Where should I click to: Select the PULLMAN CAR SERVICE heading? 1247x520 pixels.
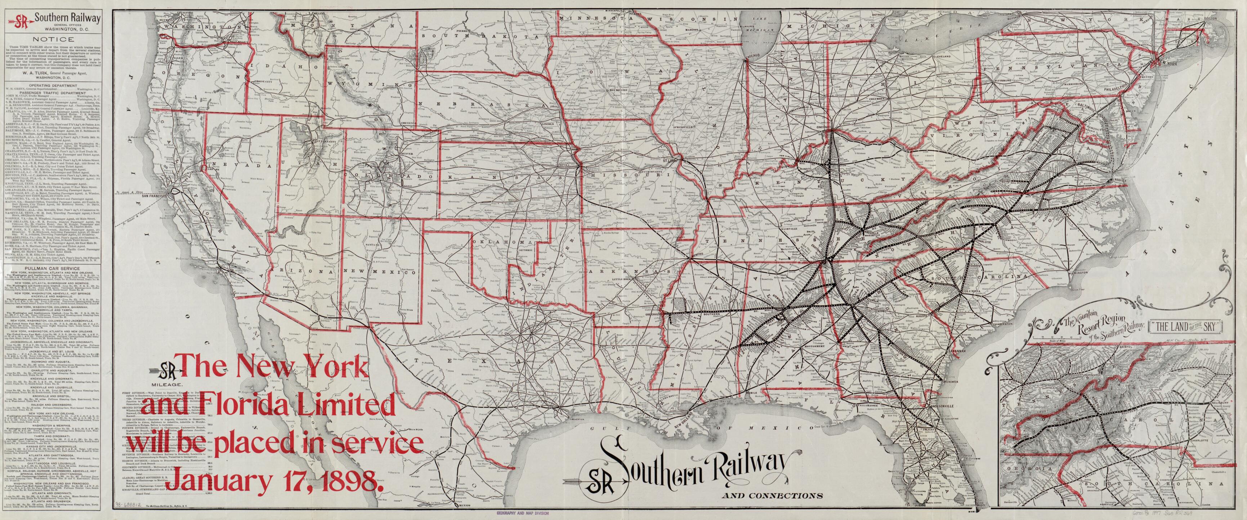(55, 266)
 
